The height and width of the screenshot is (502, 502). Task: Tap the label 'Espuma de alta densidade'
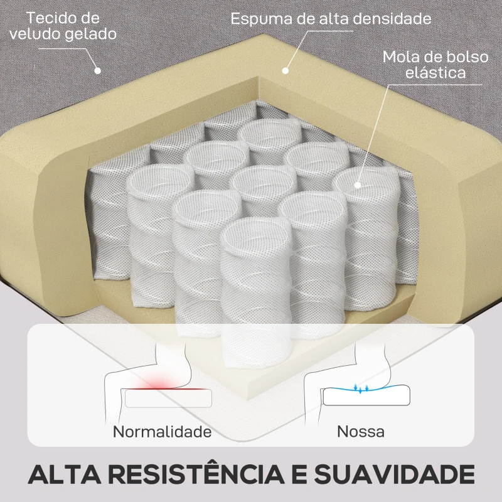pos(331,18)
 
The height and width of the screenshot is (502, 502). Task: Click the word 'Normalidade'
pos(162,432)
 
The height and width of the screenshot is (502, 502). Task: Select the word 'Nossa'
pos(360,432)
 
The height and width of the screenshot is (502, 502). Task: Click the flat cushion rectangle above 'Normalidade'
pos(168,398)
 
